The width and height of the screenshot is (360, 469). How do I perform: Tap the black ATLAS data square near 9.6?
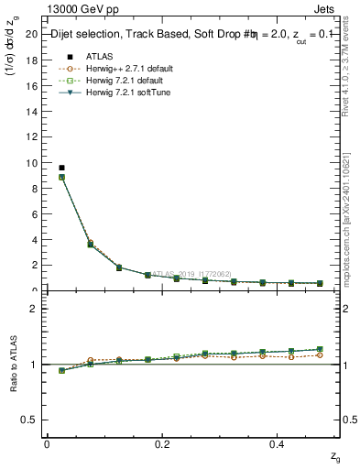tap(61, 168)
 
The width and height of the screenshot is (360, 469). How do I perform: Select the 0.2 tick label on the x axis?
tap(163, 444)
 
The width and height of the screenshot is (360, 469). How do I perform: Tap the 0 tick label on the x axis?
tap(47, 444)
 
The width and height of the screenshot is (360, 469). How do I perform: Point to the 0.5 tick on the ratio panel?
tap(30, 420)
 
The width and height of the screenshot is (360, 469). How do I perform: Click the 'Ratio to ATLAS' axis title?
tap(12, 365)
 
